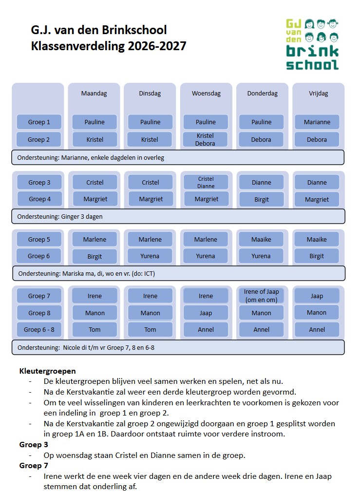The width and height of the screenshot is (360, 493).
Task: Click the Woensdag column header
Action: point(206,94)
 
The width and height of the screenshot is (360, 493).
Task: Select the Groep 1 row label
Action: point(39,122)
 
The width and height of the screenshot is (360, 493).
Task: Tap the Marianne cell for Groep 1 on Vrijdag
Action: point(317,122)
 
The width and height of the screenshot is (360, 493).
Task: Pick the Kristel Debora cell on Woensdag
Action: point(205,140)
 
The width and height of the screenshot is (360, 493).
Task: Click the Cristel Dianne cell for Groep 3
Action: point(206,182)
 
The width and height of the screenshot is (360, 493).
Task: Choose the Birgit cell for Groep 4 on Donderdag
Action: point(262,199)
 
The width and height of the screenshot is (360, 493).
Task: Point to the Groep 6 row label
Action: point(39,256)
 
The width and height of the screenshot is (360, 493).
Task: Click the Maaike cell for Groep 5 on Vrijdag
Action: point(317,239)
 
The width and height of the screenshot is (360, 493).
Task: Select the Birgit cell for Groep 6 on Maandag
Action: point(95,256)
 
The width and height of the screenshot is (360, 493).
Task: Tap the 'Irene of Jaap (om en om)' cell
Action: point(261,296)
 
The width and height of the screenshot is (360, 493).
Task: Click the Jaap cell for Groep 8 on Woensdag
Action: point(206,313)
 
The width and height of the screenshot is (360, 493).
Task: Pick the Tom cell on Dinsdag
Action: point(151,329)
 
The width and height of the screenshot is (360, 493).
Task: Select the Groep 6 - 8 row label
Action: point(39,329)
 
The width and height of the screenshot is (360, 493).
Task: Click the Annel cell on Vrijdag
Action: point(317,329)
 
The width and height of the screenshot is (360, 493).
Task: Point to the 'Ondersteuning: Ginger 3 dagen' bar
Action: point(178,216)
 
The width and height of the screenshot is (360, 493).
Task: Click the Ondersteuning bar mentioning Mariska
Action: point(179,273)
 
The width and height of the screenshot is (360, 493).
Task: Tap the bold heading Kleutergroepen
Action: point(47,371)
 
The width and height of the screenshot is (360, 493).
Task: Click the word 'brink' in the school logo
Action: point(312,51)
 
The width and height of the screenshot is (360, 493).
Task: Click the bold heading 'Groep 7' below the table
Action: point(34,465)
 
